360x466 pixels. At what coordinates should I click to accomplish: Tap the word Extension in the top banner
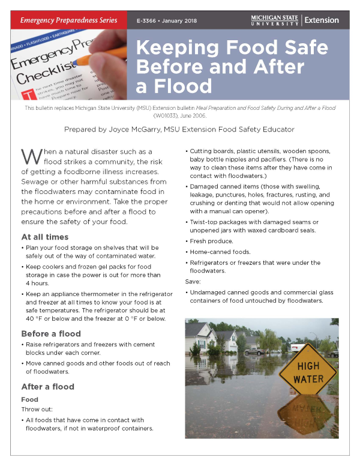click(322, 20)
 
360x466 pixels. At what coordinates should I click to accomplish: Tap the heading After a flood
click(48, 386)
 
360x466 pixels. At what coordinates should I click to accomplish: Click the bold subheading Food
click(29, 399)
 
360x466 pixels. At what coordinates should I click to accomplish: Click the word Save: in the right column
click(194, 280)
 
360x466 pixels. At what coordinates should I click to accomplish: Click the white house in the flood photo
click(202, 336)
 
